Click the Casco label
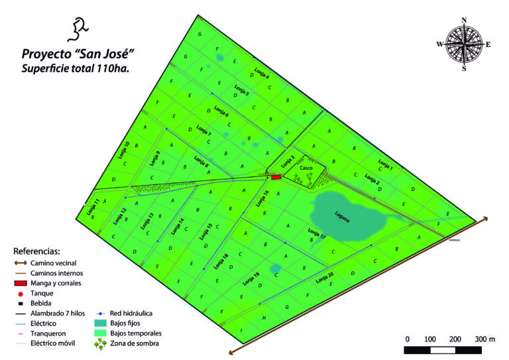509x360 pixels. pos(306,168)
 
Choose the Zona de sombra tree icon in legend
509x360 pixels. pos(101,343)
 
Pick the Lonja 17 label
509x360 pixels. pos(317,233)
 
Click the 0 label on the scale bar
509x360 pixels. pos(407,339)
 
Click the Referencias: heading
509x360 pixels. pos(37,252)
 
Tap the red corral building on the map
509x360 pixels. pos(276,177)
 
